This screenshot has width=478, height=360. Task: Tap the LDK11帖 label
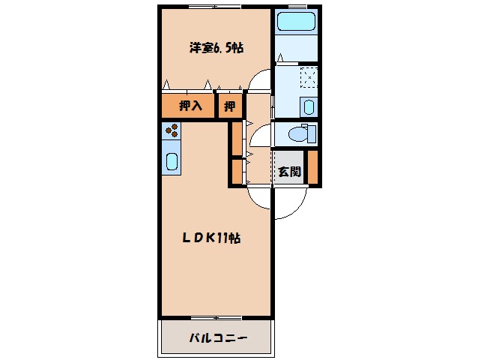click(212, 238)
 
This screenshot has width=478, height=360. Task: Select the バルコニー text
click(217, 338)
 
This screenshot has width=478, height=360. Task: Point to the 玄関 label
click(289, 171)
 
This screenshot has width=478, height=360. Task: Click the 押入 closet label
click(190, 106)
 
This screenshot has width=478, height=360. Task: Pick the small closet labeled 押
click(229, 106)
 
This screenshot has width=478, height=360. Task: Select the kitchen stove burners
click(172, 130)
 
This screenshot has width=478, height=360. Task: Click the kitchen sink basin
click(172, 161)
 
